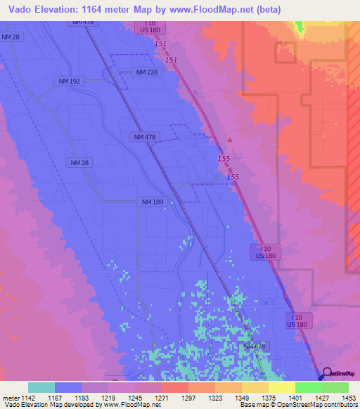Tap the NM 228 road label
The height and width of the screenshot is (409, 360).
[146, 72]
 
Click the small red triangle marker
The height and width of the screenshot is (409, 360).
[229, 139]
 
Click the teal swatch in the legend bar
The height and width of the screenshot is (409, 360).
[41, 387]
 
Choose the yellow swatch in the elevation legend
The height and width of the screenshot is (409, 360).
[281, 387]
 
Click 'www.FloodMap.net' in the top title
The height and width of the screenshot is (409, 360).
[220, 9]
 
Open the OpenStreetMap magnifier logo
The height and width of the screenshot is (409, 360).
[326, 374]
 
